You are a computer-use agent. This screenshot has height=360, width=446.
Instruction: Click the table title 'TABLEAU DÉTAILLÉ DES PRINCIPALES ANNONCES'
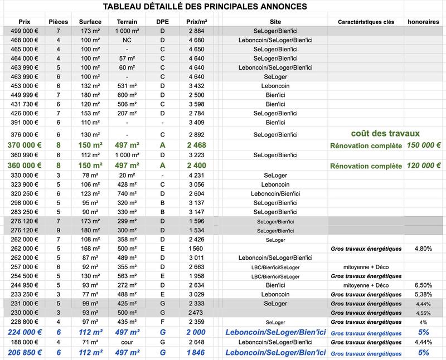205,7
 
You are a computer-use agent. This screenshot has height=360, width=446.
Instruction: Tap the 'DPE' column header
162,21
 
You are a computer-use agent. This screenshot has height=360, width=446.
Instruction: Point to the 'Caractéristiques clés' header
366,21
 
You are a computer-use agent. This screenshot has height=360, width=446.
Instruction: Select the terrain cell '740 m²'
127,193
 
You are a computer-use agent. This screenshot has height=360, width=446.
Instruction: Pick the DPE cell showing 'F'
162,322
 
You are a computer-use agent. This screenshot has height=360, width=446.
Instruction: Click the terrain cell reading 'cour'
127,342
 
